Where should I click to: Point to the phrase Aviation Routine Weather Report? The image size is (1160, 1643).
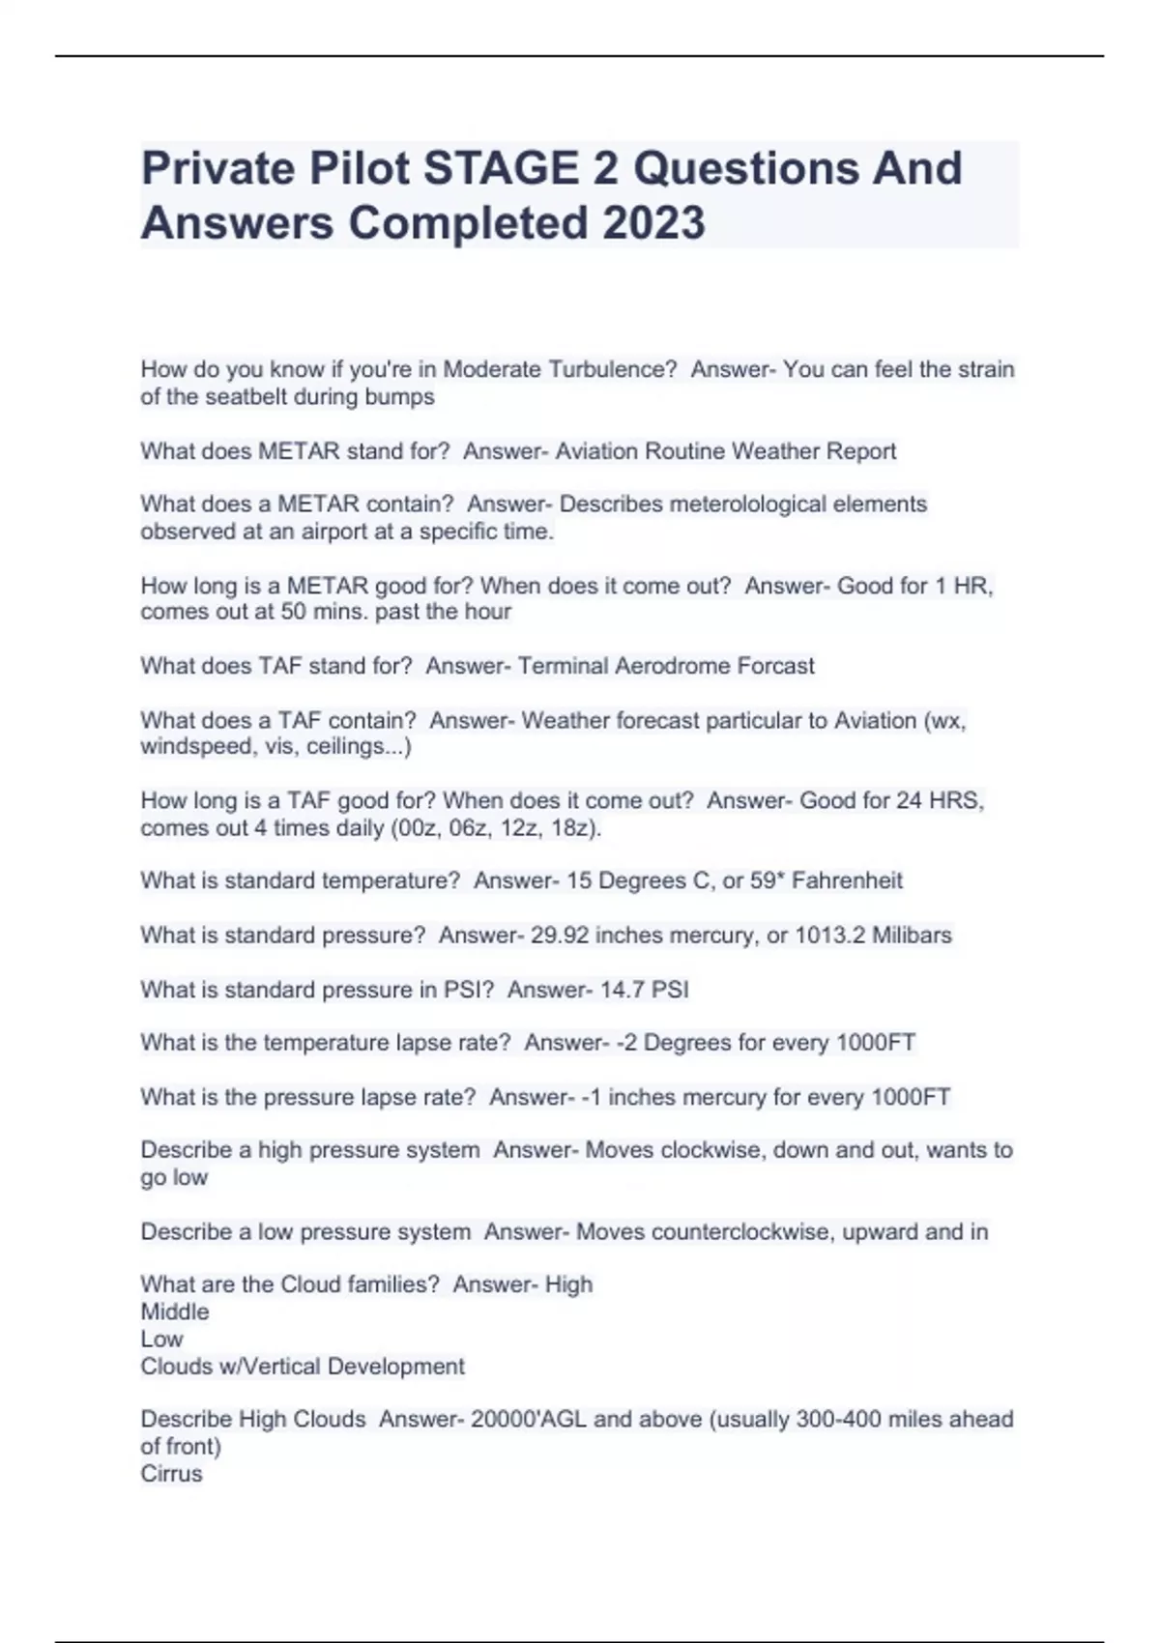[725, 451]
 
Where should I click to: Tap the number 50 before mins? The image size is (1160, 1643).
[293, 612]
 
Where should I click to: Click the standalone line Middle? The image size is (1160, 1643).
[175, 1312]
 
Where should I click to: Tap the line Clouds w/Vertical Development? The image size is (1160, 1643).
[303, 1367]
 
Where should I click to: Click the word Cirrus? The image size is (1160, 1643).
[171, 1474]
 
